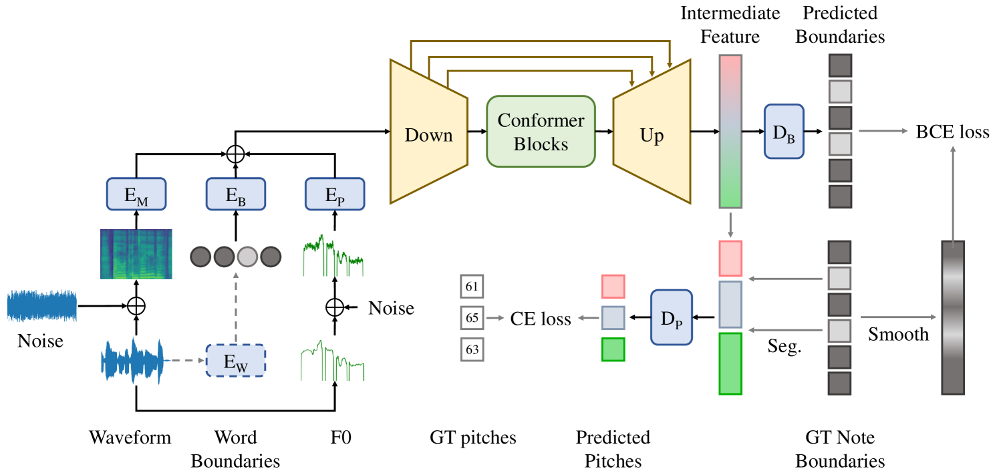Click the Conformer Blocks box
[x=541, y=132]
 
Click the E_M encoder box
[x=136, y=194]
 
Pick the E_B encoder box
[x=236, y=194]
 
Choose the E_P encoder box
[x=335, y=194]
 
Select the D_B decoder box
[x=783, y=131]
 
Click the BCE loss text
[x=953, y=132]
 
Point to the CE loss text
[x=541, y=319]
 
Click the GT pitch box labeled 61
[x=472, y=287]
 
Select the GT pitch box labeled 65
[x=472, y=318]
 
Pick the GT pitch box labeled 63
[x=472, y=349]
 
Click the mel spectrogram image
[x=136, y=254]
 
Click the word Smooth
[x=898, y=334]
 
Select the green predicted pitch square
[x=613, y=349]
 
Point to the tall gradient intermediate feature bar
[x=730, y=131]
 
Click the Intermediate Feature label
[x=730, y=25]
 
